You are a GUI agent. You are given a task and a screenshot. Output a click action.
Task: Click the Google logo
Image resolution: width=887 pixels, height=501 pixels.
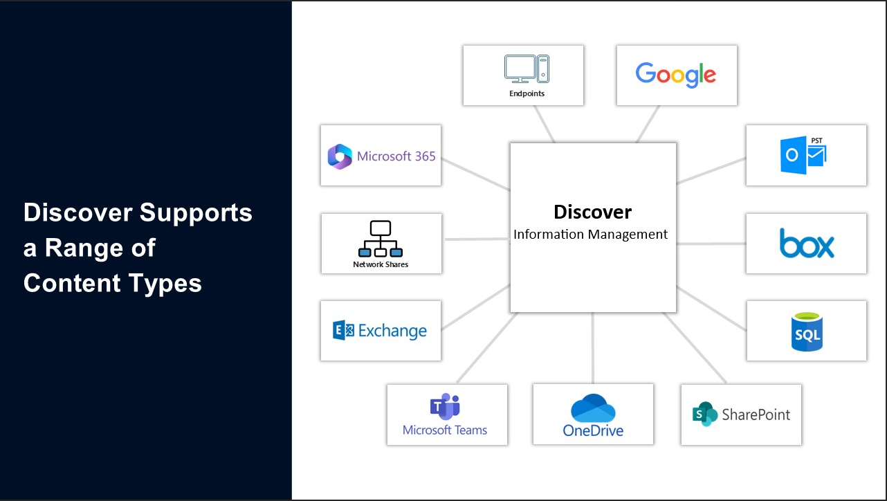[675, 74]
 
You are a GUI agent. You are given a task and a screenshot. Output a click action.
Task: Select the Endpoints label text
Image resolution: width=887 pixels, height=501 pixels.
[527, 93]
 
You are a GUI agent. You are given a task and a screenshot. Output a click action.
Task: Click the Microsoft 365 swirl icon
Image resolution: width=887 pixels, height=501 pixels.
[340, 156]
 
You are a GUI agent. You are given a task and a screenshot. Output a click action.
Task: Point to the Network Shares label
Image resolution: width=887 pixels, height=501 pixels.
[381, 264]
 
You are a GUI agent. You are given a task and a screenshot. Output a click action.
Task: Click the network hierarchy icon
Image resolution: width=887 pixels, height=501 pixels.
[381, 239]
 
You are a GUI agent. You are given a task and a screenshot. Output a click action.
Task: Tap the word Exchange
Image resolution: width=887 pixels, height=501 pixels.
[392, 331]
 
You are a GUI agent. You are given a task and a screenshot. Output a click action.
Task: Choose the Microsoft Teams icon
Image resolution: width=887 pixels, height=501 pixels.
[445, 407]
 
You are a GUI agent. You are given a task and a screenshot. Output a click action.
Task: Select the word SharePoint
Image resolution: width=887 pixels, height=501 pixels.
[756, 415]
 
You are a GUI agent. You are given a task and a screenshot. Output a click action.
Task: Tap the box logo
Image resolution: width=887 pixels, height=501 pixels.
[807, 244]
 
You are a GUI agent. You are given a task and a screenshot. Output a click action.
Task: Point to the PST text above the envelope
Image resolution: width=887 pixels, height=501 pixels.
[817, 140]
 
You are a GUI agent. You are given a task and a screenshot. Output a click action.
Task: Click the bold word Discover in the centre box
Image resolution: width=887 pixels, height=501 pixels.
[592, 212]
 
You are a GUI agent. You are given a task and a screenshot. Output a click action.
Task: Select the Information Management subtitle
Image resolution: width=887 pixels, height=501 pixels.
[590, 235]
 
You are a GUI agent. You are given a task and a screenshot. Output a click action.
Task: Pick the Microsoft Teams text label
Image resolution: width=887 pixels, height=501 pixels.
[445, 430]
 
